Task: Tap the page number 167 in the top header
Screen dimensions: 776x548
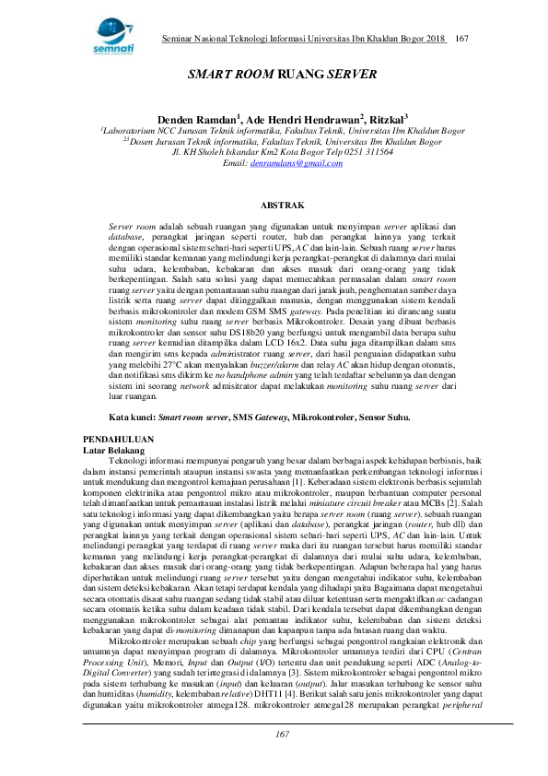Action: [462, 38]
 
